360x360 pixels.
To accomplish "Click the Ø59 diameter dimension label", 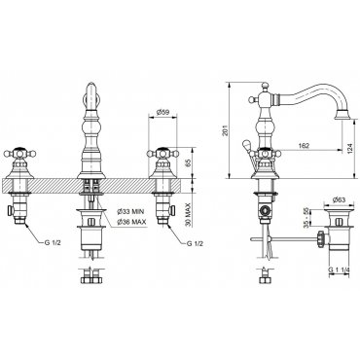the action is [x=162, y=112].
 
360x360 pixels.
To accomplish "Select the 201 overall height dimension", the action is [x=228, y=130].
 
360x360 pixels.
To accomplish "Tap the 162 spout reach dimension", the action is [x=304, y=146].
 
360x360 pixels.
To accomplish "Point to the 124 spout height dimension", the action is [x=350, y=149].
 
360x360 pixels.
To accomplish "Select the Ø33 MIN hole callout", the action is [x=130, y=212].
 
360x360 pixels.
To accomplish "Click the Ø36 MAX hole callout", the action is [x=131, y=222].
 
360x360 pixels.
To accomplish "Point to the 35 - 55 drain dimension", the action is [x=306, y=217].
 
